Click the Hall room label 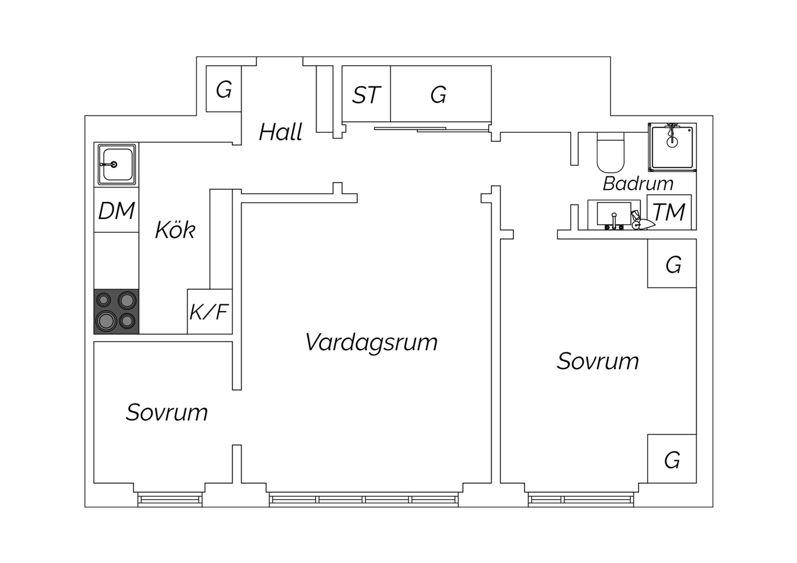[281, 132]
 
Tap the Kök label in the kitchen [175, 230]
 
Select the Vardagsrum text [371, 342]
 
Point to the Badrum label [638, 183]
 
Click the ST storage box [366, 94]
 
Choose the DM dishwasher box [116, 210]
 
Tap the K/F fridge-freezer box [210, 312]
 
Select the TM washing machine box [669, 212]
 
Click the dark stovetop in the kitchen [116, 311]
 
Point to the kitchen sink [117, 164]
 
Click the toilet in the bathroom [610, 152]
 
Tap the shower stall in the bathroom [672, 147]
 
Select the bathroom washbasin [614, 214]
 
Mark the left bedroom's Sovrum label [167, 412]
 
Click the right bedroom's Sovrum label [598, 361]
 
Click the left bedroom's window [170, 499]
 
